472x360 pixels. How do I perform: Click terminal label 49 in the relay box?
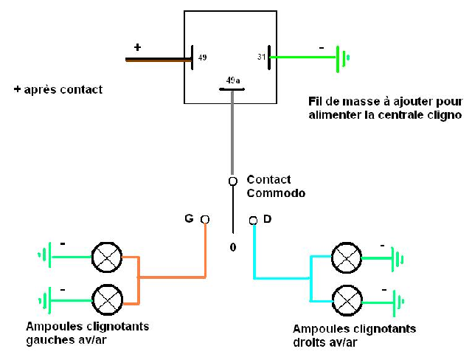point(202,57)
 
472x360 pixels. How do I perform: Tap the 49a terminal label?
point(232,80)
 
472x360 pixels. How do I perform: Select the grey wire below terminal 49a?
point(232,133)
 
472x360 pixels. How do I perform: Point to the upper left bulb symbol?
point(107,257)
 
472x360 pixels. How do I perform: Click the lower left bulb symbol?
point(107,299)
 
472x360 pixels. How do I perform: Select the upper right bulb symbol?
point(347,257)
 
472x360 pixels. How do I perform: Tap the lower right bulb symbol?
point(347,300)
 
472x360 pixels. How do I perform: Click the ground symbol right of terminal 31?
point(342,58)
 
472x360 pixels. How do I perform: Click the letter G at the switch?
point(188,218)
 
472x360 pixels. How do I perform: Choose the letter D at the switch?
point(267,218)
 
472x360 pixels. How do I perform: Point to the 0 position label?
point(232,247)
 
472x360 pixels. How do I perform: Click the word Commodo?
point(276,193)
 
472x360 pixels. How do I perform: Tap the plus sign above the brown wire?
point(137,47)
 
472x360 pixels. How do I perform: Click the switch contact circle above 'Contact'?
point(232,181)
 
